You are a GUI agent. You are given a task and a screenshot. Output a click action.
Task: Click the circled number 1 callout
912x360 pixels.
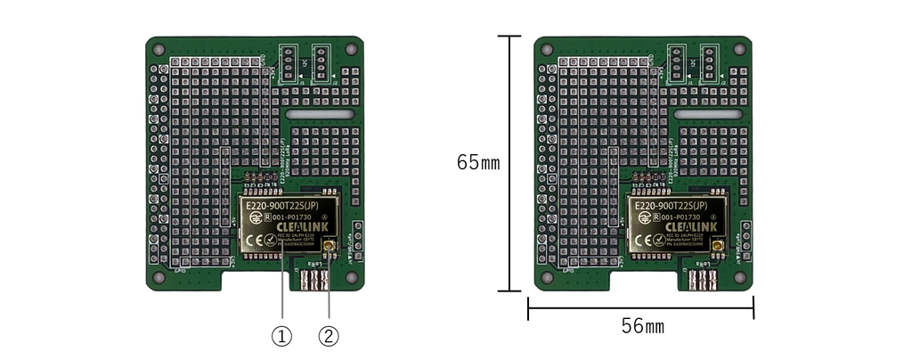click(x=281, y=336)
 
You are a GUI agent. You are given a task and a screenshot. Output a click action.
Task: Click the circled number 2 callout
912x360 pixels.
click(x=329, y=336)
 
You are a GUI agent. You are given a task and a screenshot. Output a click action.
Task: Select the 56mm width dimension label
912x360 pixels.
click(x=642, y=326)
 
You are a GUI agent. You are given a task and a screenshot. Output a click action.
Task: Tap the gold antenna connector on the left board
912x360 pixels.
click(x=329, y=245)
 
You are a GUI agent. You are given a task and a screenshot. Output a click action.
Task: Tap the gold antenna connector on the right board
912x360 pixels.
click(x=718, y=245)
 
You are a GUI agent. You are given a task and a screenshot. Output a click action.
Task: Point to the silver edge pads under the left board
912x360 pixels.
click(x=313, y=281)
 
